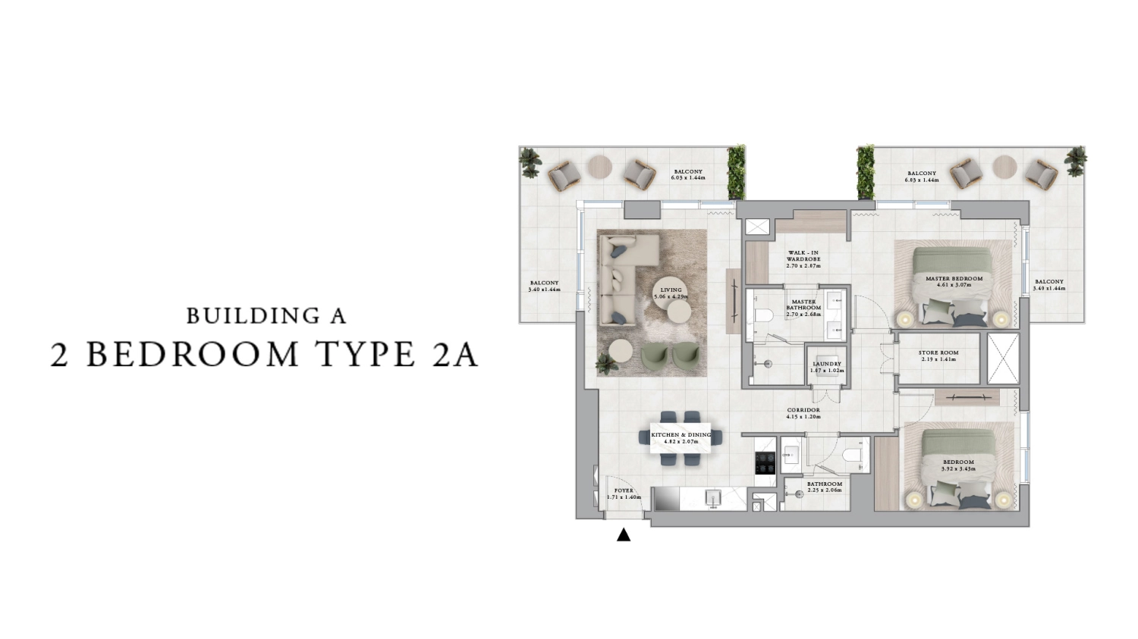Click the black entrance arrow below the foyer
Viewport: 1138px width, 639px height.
624,535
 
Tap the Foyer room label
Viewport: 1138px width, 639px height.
624,490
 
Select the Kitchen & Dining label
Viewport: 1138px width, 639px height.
681,435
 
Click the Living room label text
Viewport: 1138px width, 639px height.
671,290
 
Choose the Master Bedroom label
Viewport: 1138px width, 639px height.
954,278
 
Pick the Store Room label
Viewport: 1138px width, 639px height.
938,352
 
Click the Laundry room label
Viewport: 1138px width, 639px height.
826,364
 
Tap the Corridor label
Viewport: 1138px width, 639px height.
803,410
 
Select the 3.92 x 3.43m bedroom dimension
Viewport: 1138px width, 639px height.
958,469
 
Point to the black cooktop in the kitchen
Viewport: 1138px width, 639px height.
765,462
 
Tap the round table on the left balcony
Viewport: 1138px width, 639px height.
600,166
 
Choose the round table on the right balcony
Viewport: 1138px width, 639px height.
1004,166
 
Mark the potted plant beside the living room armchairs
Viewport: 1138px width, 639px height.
606,365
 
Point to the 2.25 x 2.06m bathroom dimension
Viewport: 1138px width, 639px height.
824,490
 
